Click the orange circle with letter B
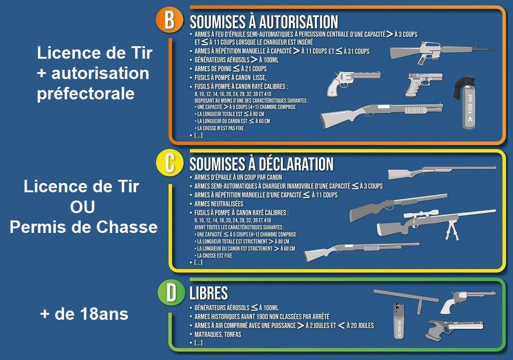pos(169,20)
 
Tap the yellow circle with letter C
pos(169,163)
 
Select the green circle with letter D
pos(171,293)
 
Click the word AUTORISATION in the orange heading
pos(298,22)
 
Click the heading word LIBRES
pos(209,293)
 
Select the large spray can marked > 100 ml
pos(466,103)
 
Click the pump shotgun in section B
pos(381,115)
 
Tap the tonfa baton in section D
pos(406,299)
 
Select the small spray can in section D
pos(398,321)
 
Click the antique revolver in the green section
pos(467,301)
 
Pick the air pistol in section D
pos(455,329)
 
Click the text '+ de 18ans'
pos(84,314)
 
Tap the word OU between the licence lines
pos(83,207)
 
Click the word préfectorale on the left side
pos(86,94)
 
